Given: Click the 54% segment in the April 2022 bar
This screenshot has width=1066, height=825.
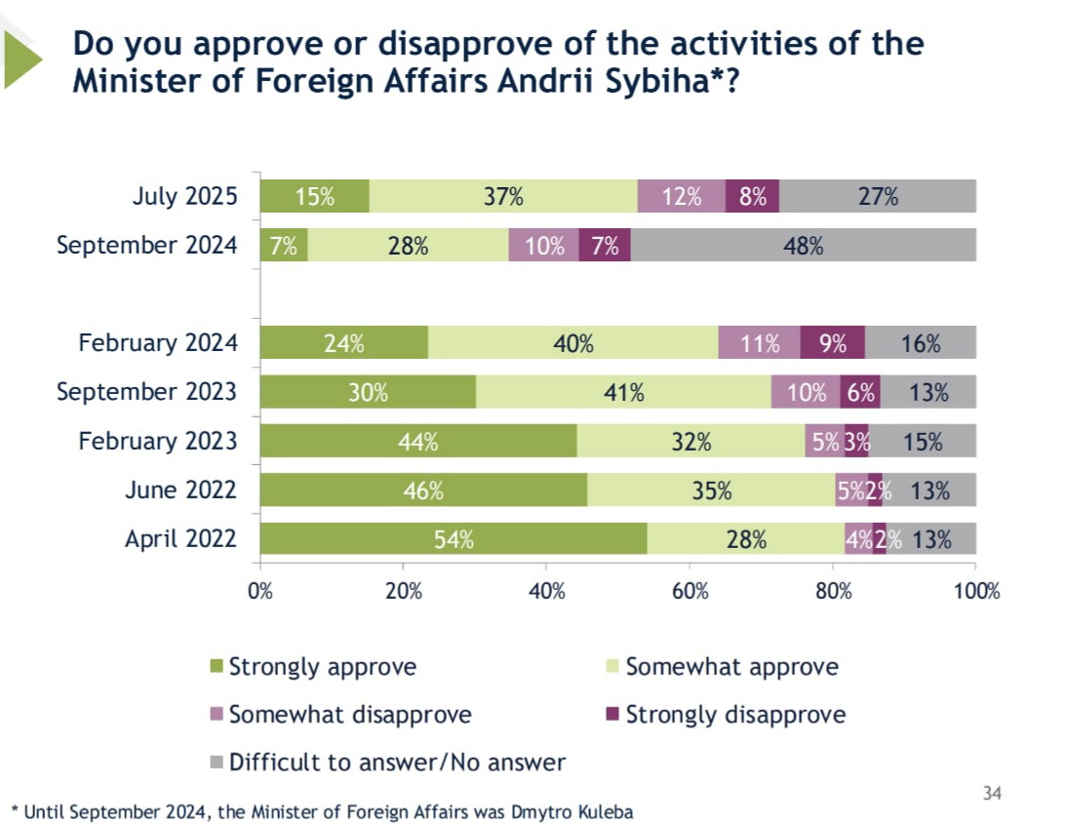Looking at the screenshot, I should [x=454, y=538].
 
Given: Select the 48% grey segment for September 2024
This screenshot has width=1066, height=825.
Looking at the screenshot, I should [x=804, y=245].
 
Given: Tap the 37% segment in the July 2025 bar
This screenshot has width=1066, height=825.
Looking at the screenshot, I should [x=503, y=196].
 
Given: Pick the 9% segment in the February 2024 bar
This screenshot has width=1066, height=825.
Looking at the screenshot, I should [x=832, y=343].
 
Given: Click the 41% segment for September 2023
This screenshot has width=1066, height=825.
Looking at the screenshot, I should [x=623, y=392].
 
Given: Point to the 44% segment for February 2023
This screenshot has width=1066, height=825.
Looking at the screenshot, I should [x=418, y=441].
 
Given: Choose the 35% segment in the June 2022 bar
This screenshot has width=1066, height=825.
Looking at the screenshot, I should [x=711, y=490].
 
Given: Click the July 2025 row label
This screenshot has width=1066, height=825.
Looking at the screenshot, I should [x=184, y=196].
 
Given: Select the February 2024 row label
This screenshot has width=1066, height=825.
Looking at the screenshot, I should [x=157, y=343].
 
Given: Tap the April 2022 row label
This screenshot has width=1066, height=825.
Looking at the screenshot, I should [x=180, y=538].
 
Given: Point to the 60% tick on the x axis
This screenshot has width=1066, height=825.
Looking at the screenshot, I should [x=689, y=590].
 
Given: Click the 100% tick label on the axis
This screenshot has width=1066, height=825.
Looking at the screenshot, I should [x=976, y=590].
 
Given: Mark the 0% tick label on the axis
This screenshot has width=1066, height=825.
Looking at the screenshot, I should [x=260, y=590].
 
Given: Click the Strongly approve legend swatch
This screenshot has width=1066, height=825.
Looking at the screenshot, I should [x=217, y=667].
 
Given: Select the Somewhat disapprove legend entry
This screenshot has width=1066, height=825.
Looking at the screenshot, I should [x=350, y=715].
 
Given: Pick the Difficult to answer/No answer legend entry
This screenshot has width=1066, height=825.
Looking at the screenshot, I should [x=397, y=762].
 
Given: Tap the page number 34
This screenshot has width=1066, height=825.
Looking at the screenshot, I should [x=992, y=793].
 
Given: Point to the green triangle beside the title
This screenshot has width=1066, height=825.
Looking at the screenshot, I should [x=20, y=59].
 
